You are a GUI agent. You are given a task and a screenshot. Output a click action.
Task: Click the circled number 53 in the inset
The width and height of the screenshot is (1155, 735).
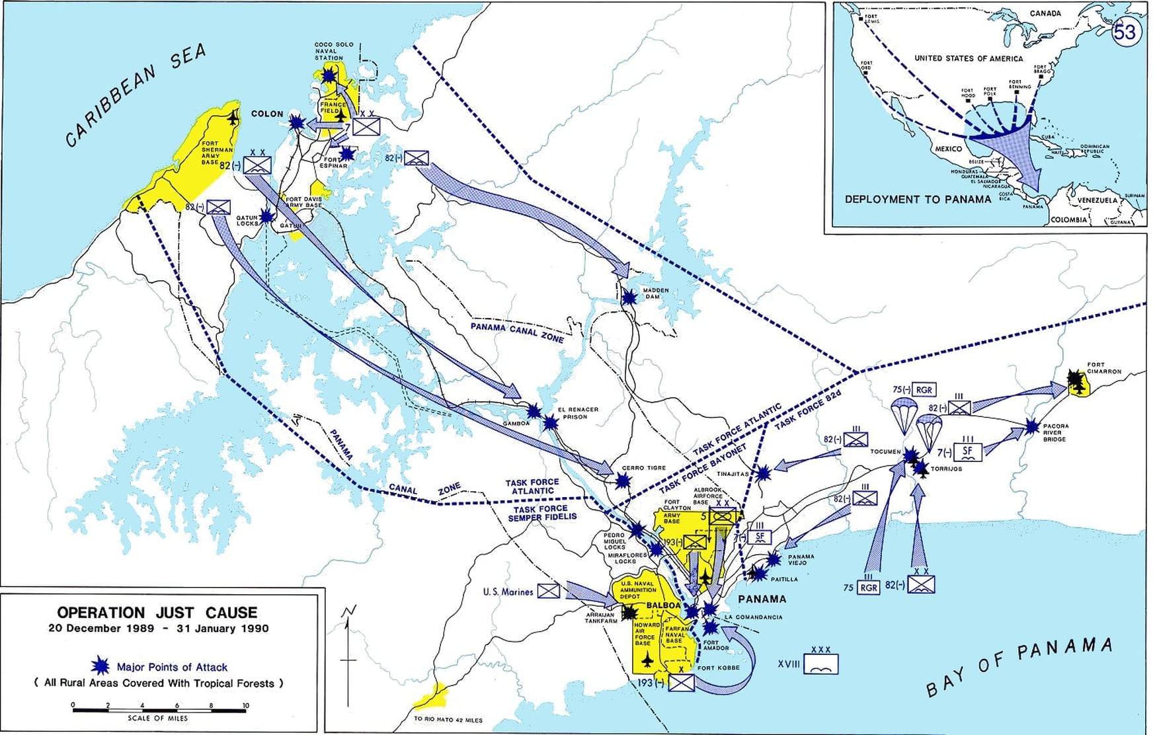1125,32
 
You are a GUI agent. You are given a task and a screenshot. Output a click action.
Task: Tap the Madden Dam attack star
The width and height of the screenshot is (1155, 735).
629,297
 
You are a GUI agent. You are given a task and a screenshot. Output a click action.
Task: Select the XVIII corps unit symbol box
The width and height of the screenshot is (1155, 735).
820,664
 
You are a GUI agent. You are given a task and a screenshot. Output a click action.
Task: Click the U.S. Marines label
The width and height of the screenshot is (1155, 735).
508,592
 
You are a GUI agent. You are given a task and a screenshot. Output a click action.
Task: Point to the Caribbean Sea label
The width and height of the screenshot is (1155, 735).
136,94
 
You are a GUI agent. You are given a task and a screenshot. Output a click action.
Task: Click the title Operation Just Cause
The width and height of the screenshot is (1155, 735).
157,613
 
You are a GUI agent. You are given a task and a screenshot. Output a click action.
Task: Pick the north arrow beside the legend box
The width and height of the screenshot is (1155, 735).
348,654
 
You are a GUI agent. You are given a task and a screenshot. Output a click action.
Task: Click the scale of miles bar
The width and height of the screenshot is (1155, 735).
159,711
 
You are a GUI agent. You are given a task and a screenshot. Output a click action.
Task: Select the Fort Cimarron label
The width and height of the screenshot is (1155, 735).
1104,367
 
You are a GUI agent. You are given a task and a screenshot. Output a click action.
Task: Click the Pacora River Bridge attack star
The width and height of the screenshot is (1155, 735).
1031,426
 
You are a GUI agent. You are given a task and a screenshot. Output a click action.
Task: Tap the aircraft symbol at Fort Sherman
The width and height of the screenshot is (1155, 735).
233,118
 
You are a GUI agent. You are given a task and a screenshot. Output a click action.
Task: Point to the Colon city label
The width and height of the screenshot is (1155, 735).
267,114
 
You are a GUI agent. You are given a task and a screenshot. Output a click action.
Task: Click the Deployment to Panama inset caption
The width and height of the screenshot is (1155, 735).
918,199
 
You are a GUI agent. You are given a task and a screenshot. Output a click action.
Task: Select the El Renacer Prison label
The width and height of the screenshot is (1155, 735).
578,413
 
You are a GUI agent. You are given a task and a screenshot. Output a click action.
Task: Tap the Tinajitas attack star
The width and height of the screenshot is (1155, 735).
763,473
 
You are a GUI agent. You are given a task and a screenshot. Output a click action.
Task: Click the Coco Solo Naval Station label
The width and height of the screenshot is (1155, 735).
333,51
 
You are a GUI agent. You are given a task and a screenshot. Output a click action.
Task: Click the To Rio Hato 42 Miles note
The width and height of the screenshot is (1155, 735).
448,720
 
